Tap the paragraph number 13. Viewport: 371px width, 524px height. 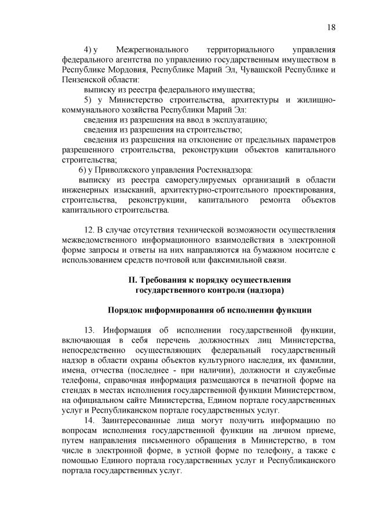tap(88, 330)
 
